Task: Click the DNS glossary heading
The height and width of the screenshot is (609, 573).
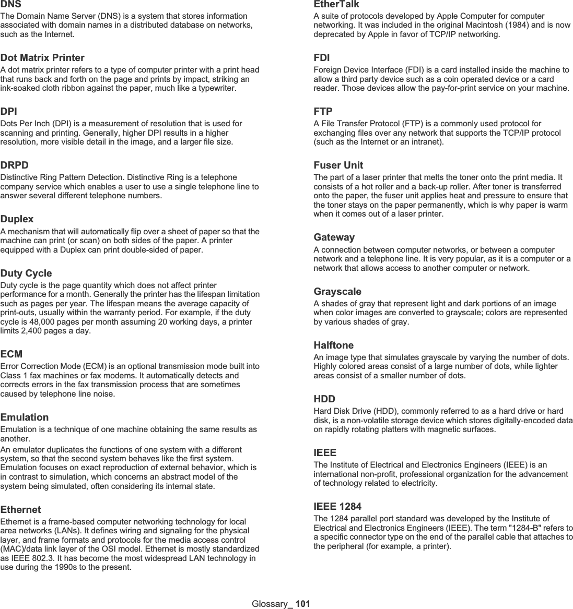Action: click(10, 4)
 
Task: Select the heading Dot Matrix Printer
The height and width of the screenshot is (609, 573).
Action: click(42, 57)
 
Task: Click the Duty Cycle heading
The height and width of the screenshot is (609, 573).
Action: click(26, 273)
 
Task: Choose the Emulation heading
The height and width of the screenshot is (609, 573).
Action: click(25, 417)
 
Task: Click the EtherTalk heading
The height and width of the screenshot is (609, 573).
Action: click(336, 4)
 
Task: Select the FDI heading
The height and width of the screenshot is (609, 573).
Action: click(321, 57)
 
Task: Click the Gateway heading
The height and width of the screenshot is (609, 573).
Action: click(334, 237)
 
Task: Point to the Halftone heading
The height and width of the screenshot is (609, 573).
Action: click(333, 345)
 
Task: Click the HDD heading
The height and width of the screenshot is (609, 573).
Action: click(324, 399)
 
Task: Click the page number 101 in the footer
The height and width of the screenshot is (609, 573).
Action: click(303, 604)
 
